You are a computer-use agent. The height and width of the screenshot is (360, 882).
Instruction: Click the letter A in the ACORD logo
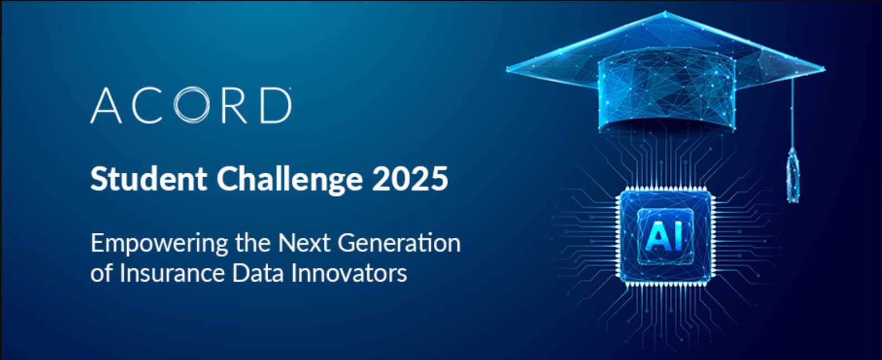click(x=106, y=106)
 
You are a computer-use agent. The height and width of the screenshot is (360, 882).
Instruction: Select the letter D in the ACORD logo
click(x=275, y=106)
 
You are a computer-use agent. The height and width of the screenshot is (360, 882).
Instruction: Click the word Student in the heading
click(x=149, y=179)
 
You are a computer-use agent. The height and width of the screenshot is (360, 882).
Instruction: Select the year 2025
click(x=410, y=179)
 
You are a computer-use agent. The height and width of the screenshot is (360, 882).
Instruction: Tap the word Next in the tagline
click(x=304, y=243)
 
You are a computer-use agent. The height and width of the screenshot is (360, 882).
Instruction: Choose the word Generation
click(x=399, y=243)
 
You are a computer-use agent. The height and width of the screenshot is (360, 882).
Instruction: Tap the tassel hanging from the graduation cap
click(x=793, y=175)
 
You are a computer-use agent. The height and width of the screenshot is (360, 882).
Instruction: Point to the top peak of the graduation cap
click(x=665, y=12)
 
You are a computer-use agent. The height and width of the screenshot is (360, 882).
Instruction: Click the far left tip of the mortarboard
click(x=508, y=69)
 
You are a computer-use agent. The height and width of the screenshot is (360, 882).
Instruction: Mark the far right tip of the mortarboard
click(x=824, y=69)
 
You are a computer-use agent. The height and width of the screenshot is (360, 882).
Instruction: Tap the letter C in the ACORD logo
click(x=147, y=106)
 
